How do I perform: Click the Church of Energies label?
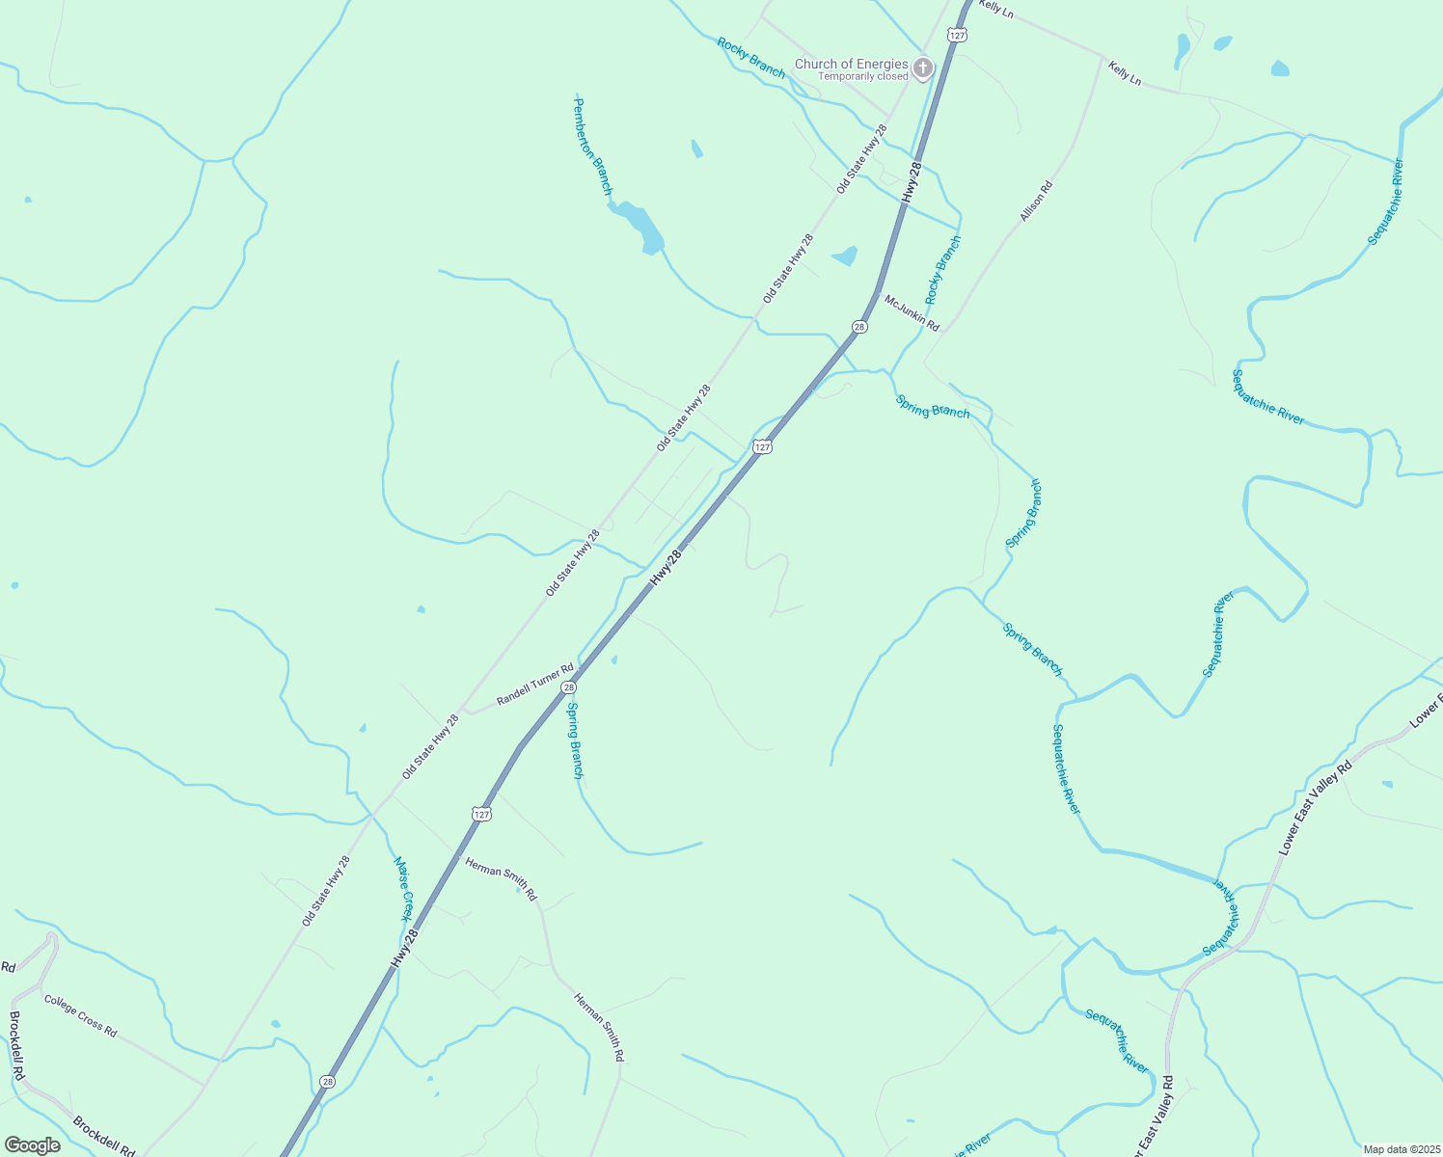851,65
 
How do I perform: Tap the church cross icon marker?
923,68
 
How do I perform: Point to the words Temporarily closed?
862,77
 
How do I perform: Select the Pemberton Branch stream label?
592,147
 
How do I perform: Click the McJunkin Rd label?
912,313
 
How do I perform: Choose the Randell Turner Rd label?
535,684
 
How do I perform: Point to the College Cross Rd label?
80,1015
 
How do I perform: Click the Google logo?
31,1145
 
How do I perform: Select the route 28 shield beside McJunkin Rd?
858,327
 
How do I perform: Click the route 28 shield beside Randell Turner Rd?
569,687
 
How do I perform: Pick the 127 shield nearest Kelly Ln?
956,35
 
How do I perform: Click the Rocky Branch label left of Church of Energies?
750,57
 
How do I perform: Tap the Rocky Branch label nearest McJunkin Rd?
942,270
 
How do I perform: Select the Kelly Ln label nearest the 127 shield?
995,10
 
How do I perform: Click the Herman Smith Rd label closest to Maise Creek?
501,878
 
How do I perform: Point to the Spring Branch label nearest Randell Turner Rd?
575,740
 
